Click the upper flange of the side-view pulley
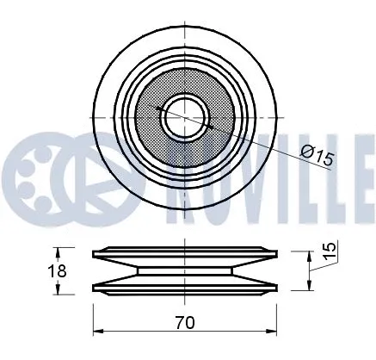coord(186,255)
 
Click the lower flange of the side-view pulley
coord(186,284)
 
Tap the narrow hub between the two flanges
coord(186,270)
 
